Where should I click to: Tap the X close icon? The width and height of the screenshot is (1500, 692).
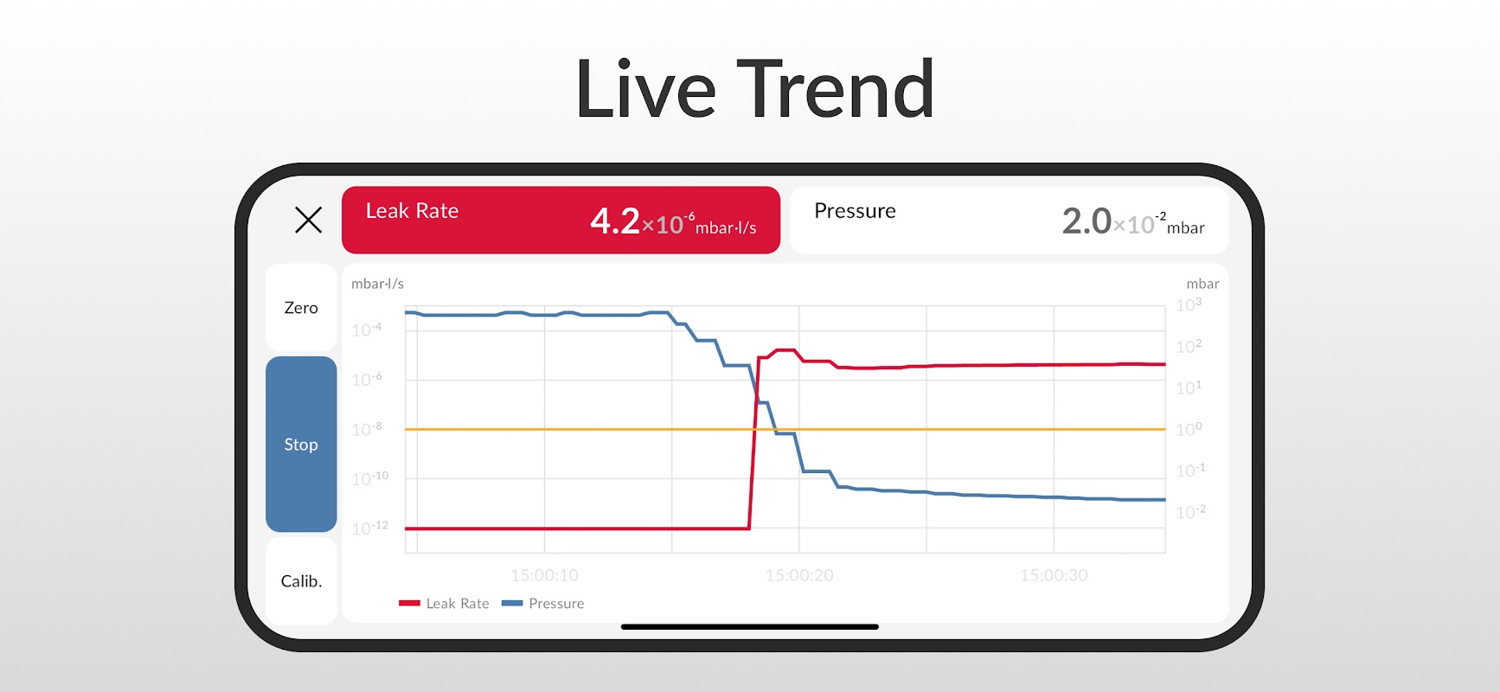click(308, 220)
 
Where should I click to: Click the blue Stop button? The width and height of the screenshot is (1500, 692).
click(301, 444)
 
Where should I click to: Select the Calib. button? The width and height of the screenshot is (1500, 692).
click(301, 581)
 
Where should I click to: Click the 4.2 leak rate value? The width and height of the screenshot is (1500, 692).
click(615, 221)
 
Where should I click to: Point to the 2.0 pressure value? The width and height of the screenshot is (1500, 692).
click(1087, 221)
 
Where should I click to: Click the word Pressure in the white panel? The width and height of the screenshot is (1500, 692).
click(855, 211)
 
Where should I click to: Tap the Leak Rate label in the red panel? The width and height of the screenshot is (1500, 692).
click(412, 211)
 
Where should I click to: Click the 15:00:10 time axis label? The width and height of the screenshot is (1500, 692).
click(544, 575)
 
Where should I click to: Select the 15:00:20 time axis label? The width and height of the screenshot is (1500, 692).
click(799, 575)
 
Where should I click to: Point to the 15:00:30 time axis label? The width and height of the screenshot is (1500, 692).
click(1054, 575)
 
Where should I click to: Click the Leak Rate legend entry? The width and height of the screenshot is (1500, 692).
click(445, 604)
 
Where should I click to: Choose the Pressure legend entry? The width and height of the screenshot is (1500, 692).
click(543, 604)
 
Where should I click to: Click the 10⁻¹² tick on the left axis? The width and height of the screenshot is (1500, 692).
click(369, 528)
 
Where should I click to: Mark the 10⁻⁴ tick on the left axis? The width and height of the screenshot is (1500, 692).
click(367, 330)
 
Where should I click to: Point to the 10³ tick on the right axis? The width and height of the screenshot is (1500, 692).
click(1189, 305)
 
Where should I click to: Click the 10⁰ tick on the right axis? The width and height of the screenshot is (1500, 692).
click(1189, 429)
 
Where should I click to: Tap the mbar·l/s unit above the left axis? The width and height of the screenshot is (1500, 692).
click(377, 284)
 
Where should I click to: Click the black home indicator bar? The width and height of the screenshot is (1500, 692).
click(749, 626)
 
